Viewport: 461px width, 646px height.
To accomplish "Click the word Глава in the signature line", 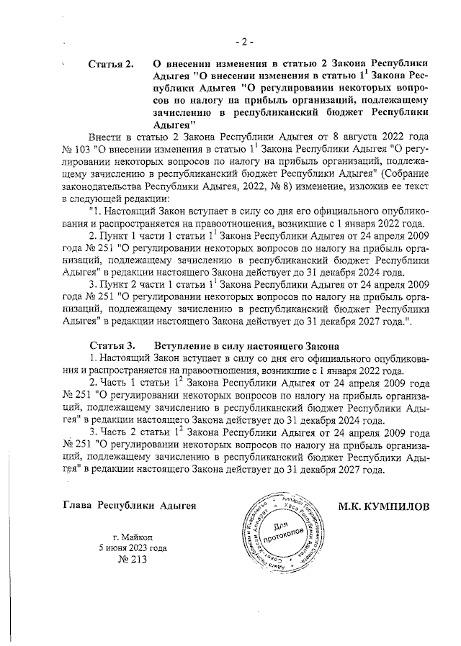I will (78, 505).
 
